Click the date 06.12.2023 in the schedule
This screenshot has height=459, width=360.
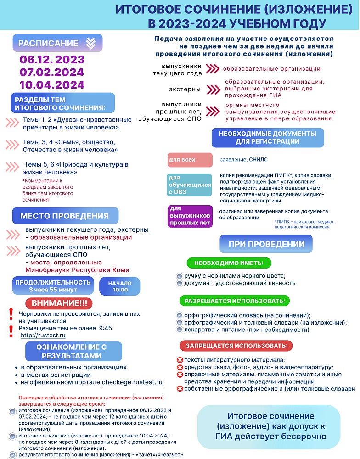(52, 60)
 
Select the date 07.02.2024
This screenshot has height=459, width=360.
(52, 72)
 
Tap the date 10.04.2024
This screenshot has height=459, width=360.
(52, 85)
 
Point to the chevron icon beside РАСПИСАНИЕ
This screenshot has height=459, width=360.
(90, 43)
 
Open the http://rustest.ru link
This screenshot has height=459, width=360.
(37, 336)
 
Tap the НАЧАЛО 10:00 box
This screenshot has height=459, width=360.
(120, 286)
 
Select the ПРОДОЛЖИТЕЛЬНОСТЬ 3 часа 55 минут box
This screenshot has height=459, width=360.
(53, 285)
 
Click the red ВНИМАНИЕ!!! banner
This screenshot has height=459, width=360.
(59, 303)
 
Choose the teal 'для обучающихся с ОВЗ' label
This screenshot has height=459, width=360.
(190, 185)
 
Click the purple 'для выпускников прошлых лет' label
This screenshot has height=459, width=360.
(190, 216)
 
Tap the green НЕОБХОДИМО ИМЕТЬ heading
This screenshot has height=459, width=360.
(229, 263)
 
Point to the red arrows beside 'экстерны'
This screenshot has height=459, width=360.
(214, 89)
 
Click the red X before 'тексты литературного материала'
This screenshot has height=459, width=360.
(180, 360)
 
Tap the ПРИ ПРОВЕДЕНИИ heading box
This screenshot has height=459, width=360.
(266, 244)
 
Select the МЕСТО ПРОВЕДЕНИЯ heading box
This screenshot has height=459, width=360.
(64, 216)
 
